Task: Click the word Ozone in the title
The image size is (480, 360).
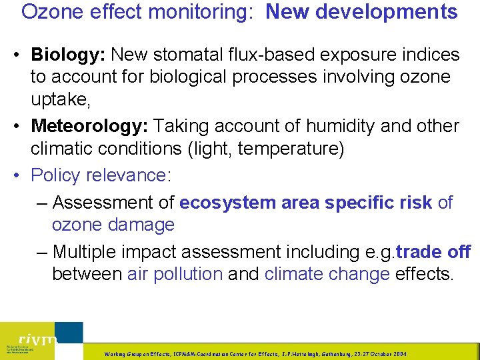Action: (x=51, y=12)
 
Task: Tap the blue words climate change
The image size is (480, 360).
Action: (x=327, y=274)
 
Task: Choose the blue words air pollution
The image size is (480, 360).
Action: (x=175, y=274)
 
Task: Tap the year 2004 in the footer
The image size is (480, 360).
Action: (x=400, y=354)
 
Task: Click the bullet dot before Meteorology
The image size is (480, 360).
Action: (x=20, y=126)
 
